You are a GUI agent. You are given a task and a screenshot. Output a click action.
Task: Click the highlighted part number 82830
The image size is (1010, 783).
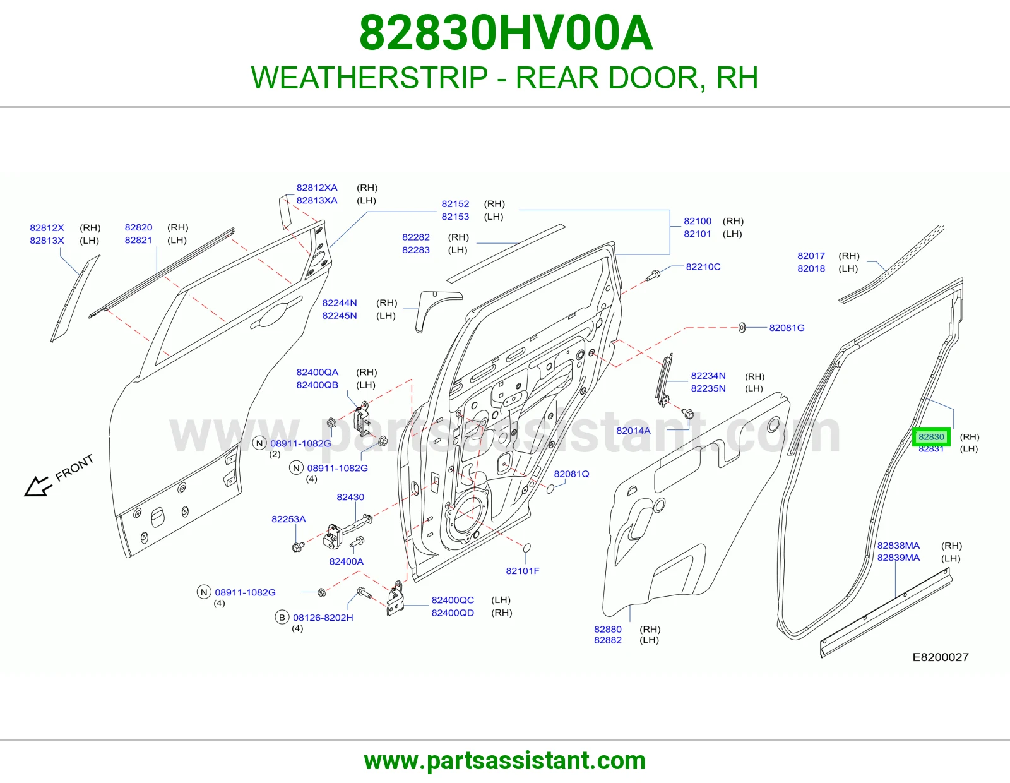coord(931,436)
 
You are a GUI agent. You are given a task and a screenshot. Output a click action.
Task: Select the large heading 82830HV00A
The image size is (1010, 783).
coord(506,33)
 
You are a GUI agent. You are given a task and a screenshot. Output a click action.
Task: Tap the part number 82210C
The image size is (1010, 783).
coord(703,266)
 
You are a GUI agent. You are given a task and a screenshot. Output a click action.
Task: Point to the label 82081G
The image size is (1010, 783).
coord(787,327)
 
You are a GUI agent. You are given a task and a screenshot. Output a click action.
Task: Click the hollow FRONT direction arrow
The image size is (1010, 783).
coord(37,486)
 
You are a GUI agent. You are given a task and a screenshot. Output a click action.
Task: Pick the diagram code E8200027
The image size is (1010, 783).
coord(941,657)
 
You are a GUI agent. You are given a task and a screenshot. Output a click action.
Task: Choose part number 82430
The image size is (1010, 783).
coord(350,496)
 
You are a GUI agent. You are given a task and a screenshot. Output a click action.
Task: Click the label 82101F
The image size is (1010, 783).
coord(523,570)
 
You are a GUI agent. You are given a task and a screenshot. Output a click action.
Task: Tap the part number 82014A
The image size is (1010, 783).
coord(633,431)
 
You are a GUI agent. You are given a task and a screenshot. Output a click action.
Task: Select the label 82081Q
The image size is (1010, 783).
coord(571,474)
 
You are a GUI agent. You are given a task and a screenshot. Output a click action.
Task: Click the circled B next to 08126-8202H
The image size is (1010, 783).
coord(282,617)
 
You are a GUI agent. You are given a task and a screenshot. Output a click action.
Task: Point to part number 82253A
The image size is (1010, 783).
coord(288,519)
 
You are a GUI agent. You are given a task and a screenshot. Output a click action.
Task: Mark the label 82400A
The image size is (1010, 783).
coord(346,561)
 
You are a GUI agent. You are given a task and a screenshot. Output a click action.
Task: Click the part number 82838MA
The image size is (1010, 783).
coord(898,546)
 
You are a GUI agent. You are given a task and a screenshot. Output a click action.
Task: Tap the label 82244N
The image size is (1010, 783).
coord(340,302)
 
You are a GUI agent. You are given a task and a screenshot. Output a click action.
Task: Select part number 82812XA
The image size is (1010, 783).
coord(316,188)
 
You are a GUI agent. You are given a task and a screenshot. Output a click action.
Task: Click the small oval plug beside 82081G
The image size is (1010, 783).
coord(741,327)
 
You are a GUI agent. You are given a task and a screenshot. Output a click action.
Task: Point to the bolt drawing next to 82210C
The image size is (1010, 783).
coord(653,275)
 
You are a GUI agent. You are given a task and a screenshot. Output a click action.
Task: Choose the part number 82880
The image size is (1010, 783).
coord(607,629)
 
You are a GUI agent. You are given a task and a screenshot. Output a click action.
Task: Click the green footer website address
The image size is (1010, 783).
coord(505,761)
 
